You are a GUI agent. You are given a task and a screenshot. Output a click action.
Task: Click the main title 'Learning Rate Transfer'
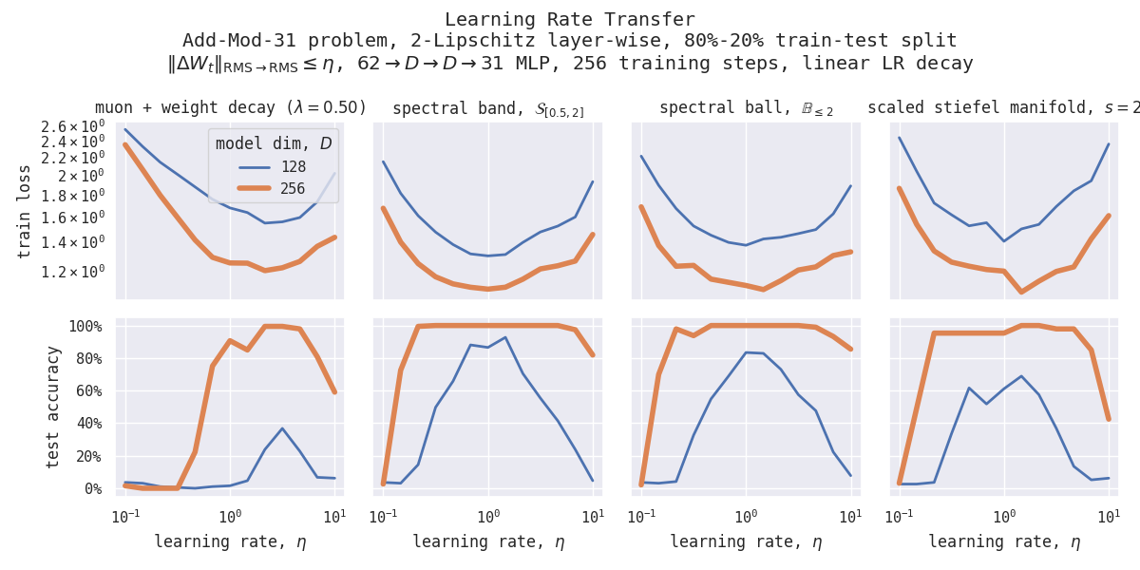coord(569,20)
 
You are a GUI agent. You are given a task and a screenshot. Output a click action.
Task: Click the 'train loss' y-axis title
coord(25,211)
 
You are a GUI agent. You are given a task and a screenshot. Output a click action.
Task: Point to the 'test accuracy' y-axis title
coord(53,406)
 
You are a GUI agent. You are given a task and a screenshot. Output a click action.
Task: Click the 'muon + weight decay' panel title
coord(230,108)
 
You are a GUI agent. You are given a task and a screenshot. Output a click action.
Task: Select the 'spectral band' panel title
coord(488,109)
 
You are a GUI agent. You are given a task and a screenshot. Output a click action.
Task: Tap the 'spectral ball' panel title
coord(747,108)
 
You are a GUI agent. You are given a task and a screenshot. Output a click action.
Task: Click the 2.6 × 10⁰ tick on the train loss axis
coord(72,126)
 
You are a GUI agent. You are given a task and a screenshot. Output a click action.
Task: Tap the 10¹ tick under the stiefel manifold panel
coord(1108,516)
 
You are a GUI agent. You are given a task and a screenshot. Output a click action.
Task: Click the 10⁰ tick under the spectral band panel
coord(488,516)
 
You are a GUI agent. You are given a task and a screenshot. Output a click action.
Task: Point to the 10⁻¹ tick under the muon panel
coord(123,516)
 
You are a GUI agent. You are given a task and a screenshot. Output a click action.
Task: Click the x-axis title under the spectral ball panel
coord(747,542)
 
